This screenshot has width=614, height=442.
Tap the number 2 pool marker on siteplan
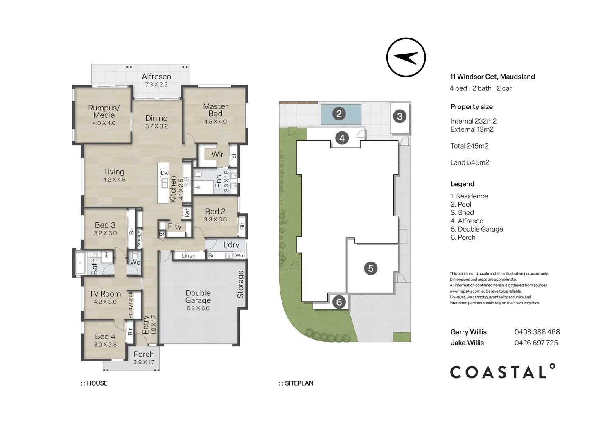[x=339, y=114]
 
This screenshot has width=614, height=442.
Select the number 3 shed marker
[x=400, y=116]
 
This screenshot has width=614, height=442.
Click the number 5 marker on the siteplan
[x=370, y=268]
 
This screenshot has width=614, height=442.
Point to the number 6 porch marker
[x=339, y=302]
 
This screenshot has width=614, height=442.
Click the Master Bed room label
[x=215, y=110]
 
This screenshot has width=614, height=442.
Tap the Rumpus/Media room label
[x=104, y=111]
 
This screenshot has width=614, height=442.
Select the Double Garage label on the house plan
[x=198, y=296]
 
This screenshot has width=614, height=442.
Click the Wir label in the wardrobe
[x=217, y=155]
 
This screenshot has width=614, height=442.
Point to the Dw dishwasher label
[x=165, y=173]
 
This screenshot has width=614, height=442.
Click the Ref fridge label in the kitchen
[x=187, y=213]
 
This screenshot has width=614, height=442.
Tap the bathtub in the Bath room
[x=80, y=263]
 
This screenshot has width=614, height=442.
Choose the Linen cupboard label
[x=189, y=256]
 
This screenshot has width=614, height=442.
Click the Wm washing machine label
[x=240, y=256]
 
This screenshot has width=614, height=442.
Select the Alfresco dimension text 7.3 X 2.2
[x=156, y=85]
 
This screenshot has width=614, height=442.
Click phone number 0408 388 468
[x=537, y=332]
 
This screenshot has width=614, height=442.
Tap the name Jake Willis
[x=467, y=343]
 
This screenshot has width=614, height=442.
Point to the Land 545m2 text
[x=470, y=162]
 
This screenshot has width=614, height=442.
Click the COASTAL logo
[x=503, y=371]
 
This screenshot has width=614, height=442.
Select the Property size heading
[x=472, y=107]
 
